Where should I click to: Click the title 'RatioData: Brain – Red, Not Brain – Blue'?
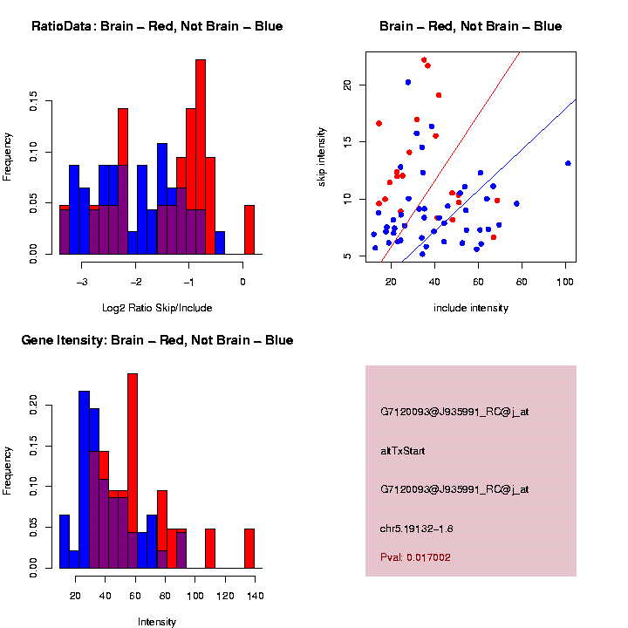tap(157, 26)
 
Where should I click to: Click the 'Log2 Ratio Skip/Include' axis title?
tap(157, 307)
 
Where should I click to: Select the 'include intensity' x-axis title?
tap(471, 307)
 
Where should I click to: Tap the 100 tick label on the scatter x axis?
tap(565, 282)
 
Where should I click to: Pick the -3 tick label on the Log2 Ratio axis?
tap(82, 282)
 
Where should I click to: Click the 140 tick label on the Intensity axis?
tap(254, 596)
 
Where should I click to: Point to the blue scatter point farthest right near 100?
tap(568, 163)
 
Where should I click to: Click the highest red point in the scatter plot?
tap(424, 60)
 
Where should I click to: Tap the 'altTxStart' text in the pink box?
tap(402, 451)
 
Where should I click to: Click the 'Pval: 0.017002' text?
tap(415, 557)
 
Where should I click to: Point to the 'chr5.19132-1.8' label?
tap(416, 528)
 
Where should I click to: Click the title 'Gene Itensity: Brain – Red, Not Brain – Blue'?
tap(157, 340)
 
